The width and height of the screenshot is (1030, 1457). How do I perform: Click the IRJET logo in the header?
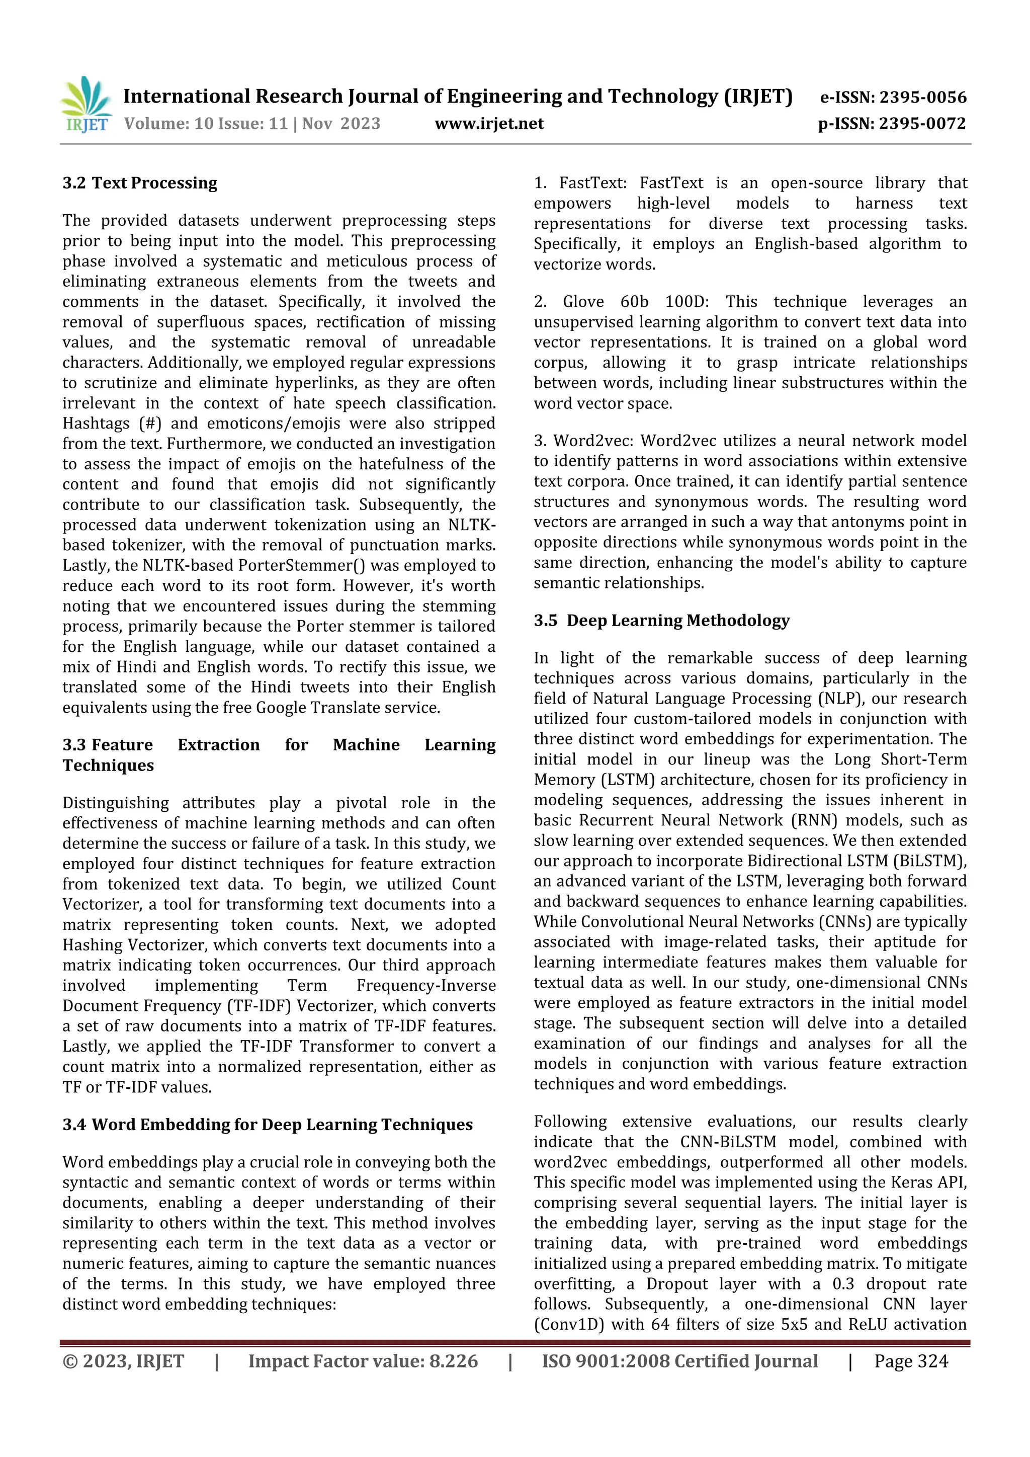point(85,105)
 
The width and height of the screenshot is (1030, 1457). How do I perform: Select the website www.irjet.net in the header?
point(489,123)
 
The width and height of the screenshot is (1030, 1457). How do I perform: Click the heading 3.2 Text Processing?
point(140,184)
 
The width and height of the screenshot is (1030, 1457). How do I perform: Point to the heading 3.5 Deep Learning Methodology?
point(661,621)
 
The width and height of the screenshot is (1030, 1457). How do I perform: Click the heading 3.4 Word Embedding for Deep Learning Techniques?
point(267,1125)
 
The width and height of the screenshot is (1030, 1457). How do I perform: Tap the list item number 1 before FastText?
point(540,184)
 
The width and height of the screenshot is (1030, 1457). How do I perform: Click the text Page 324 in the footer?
point(911,1361)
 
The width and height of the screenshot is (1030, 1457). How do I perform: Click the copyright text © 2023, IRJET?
point(123,1361)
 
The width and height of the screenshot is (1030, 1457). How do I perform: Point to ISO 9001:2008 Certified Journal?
point(679,1361)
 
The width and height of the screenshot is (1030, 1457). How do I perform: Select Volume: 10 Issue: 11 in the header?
point(206,123)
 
